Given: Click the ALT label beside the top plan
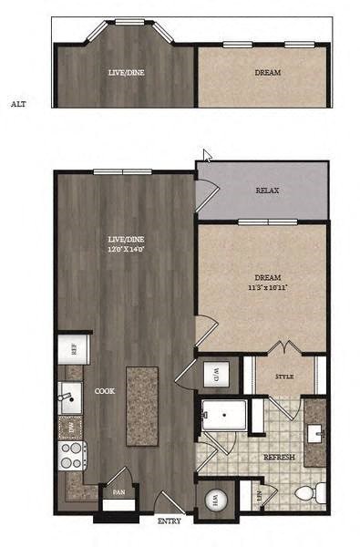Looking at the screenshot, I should coord(18,104).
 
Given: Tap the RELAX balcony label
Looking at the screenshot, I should coord(267,191).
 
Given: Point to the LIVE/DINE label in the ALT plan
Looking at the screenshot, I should coord(124,73).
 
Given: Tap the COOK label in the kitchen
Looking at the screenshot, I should coord(103,391).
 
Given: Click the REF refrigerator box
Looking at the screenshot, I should coord(68,348).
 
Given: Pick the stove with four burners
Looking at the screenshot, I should coord(71,455).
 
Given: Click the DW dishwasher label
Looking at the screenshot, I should coord(69,425).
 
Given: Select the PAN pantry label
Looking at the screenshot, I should coord(118,491).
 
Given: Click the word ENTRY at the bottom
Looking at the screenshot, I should coord(169,521).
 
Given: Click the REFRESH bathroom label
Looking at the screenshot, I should coord(278,456).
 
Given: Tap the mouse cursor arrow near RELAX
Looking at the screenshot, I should coord(208,157).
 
